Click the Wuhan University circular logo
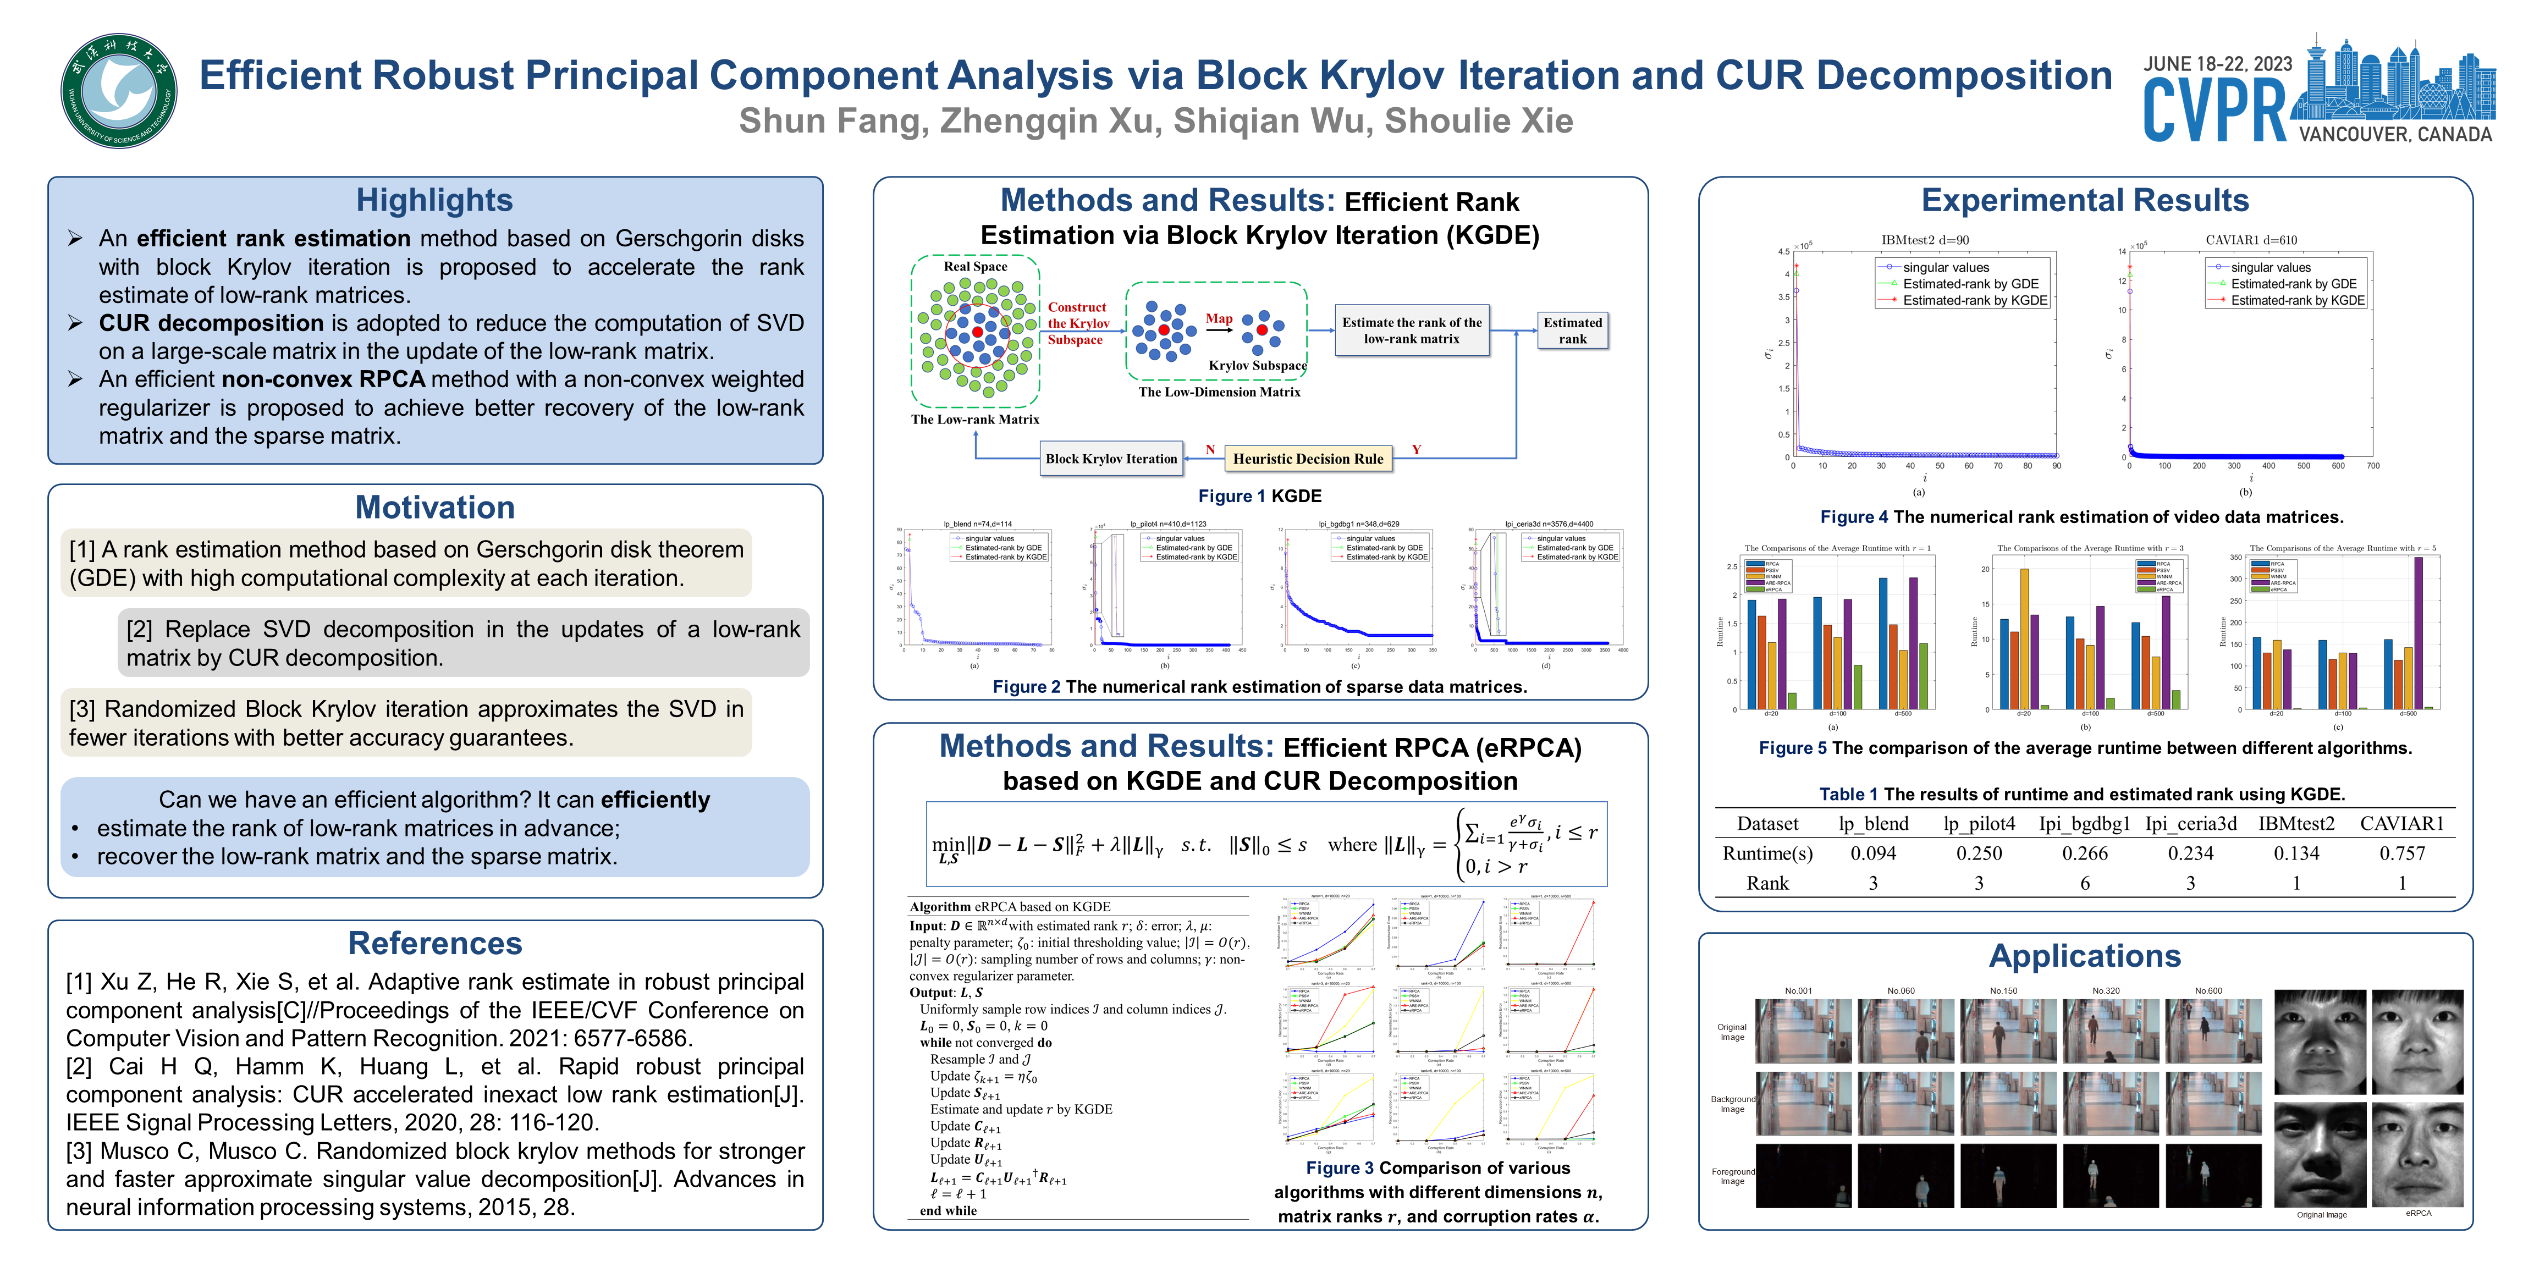[119, 91]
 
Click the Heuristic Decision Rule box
[1307, 459]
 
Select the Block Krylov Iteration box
[1111, 459]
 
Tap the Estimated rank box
[1572, 330]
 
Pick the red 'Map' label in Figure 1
[1219, 319]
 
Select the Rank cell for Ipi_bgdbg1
[2085, 883]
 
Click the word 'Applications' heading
[2085, 956]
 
